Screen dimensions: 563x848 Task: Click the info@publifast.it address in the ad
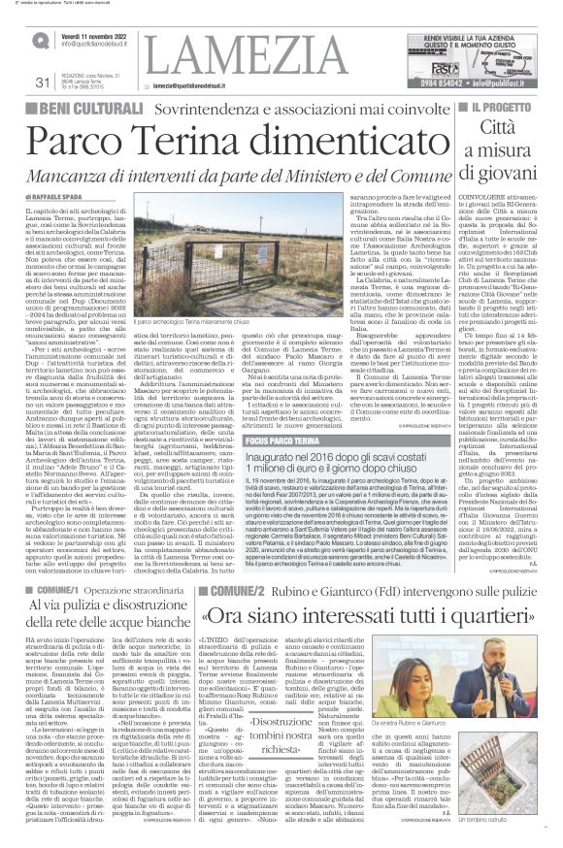(x=513, y=84)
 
